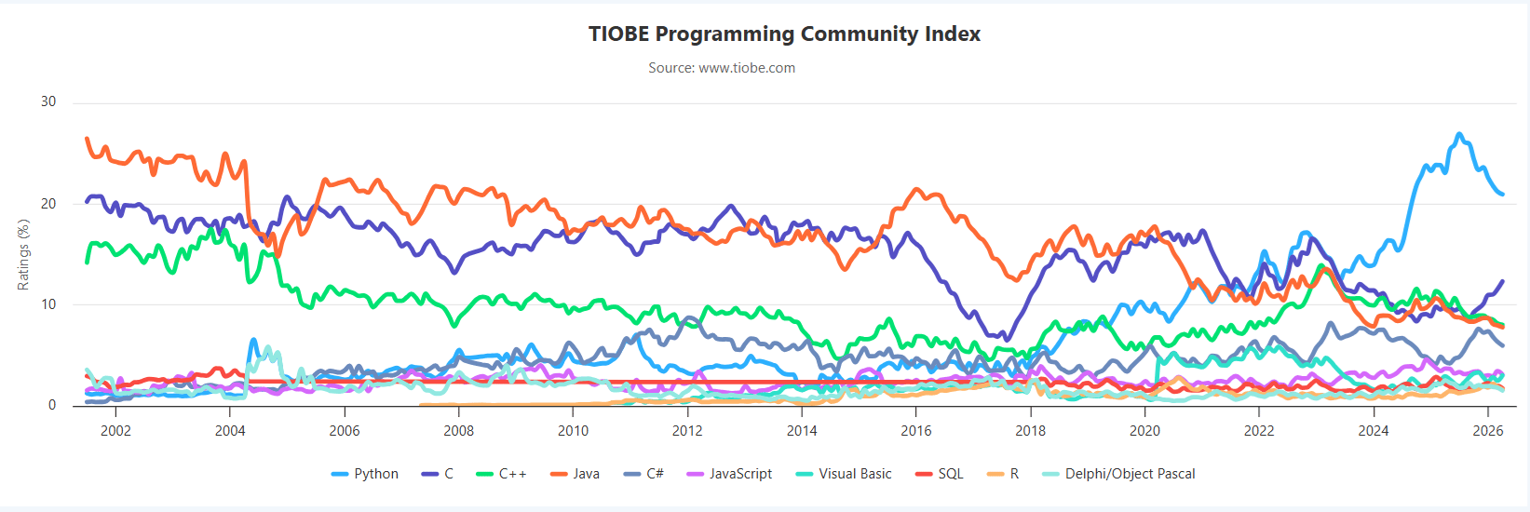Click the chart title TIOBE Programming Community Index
coord(784,34)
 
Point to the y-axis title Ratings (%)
coord(24,255)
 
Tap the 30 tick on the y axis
coord(48,101)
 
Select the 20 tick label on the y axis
coord(48,204)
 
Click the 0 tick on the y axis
coord(52,405)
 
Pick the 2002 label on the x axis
coord(115,430)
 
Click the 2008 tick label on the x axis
coord(458,430)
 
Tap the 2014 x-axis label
coord(802,430)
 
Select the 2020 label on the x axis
coord(1144,430)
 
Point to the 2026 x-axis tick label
coord(1487,430)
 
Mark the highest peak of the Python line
coord(1459,134)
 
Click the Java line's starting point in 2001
coord(87,139)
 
